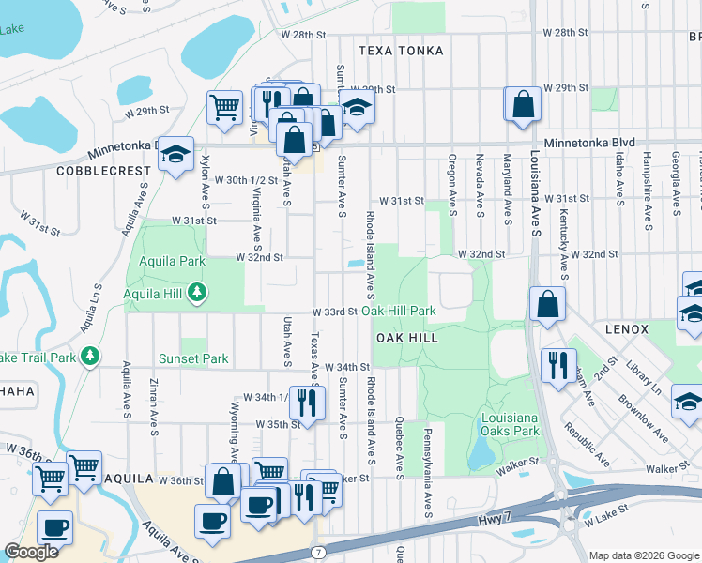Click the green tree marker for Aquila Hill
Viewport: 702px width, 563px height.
tap(196, 294)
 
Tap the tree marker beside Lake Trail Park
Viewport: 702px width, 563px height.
tap(89, 356)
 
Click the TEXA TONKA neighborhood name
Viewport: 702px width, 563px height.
tap(401, 51)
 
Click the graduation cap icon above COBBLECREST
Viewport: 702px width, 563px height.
tap(175, 155)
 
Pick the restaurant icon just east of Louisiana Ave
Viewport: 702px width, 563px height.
tap(558, 363)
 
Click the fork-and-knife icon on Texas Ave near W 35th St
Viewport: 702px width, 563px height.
tap(307, 402)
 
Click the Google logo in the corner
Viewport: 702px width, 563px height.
tap(31, 552)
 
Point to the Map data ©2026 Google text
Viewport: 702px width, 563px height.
tap(643, 555)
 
